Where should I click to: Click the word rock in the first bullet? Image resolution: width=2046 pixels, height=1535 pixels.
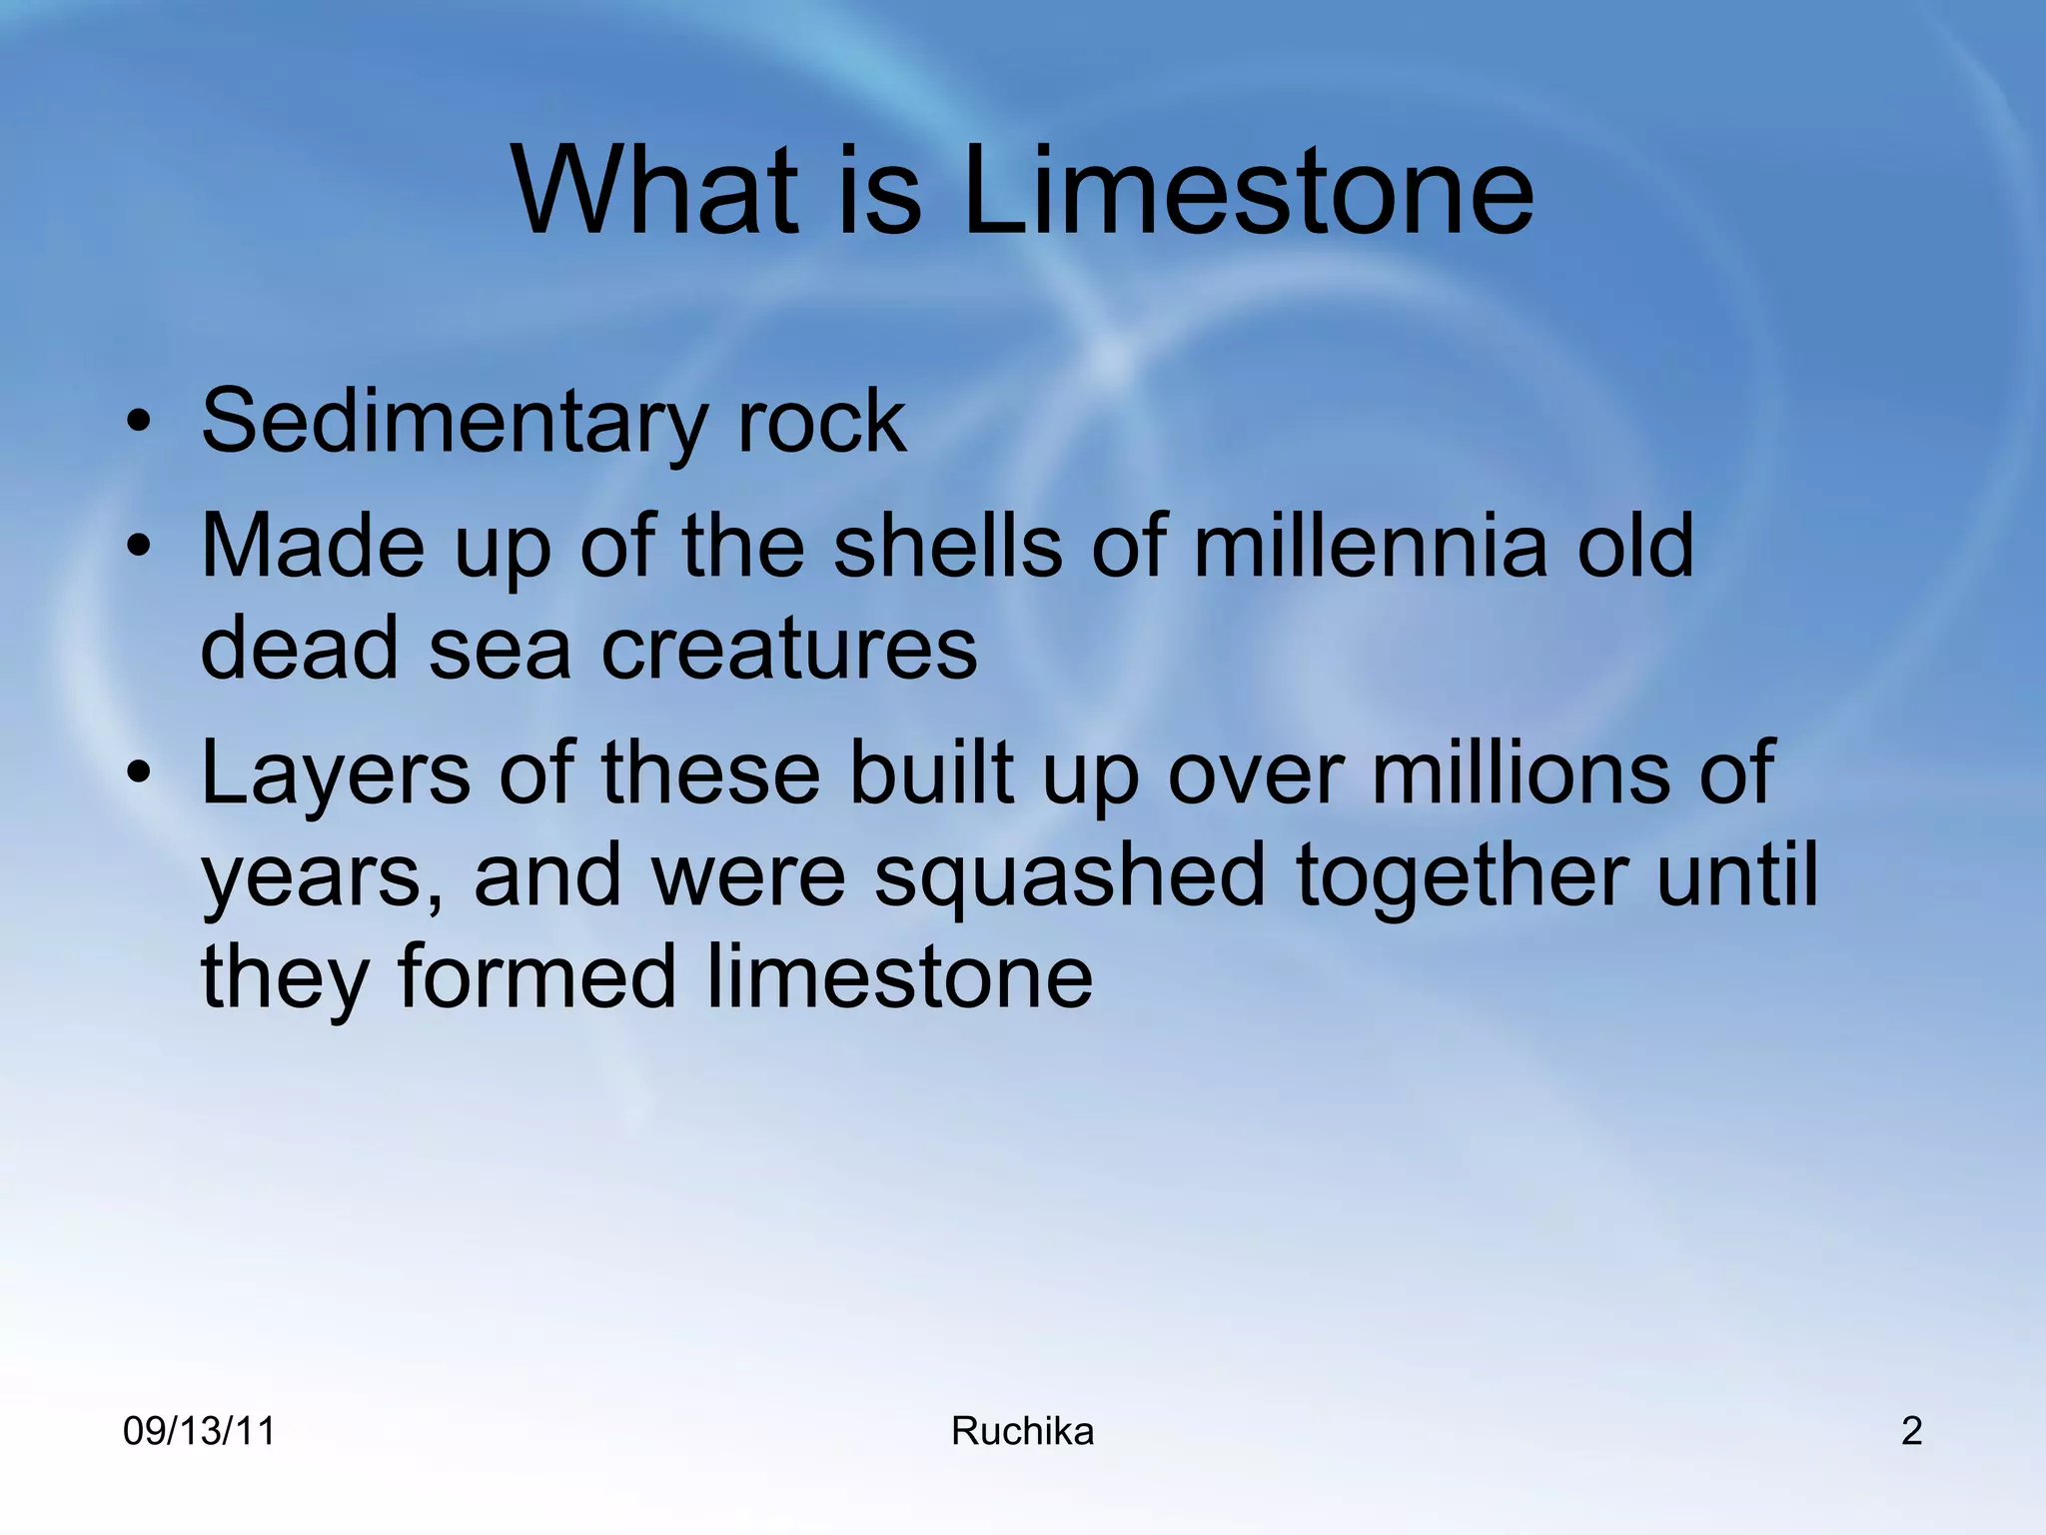pyautogui.click(x=821, y=422)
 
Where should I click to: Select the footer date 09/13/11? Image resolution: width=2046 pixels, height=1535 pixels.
pyautogui.click(x=199, y=1432)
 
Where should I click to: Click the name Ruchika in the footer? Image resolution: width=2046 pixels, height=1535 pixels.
pyautogui.click(x=1022, y=1432)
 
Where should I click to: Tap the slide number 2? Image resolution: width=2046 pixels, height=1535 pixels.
pyautogui.click(x=1911, y=1432)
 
